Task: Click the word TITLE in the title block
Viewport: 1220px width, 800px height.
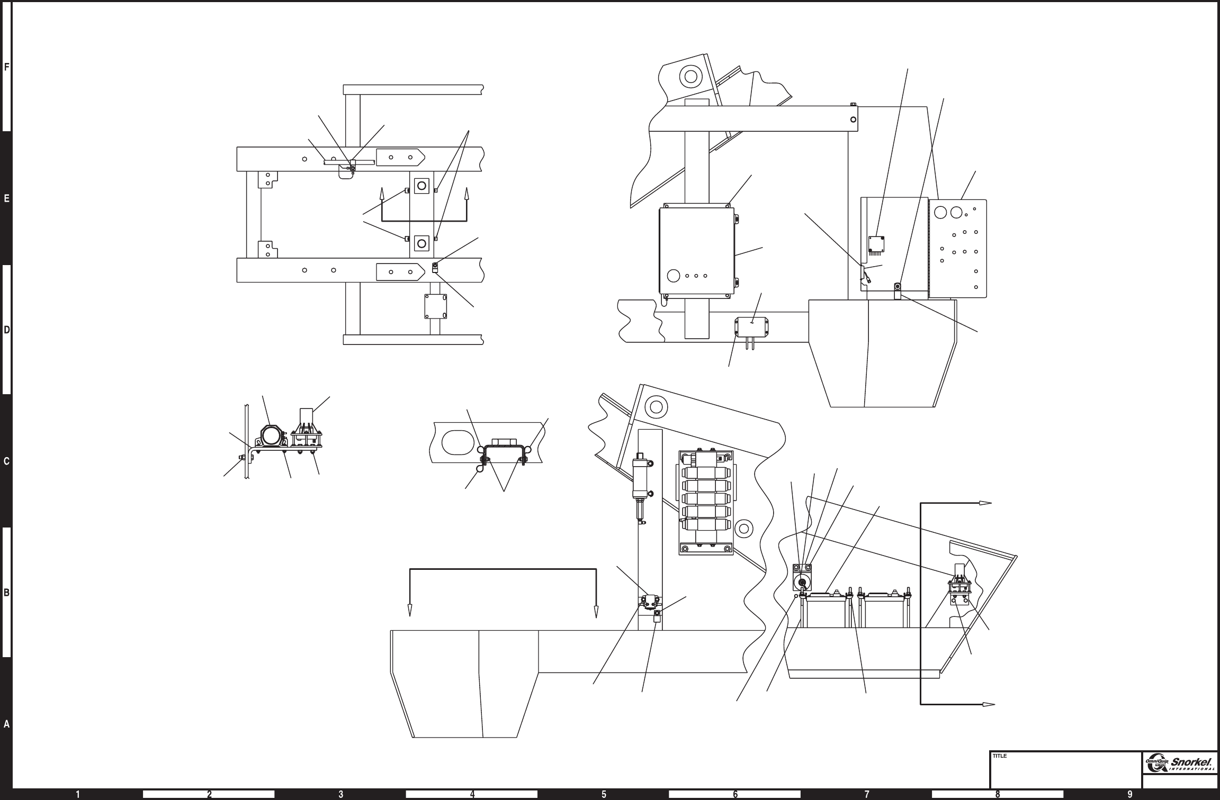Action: coord(999,756)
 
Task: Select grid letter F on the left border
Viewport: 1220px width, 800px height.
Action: coord(6,67)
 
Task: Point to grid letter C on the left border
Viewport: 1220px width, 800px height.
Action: coord(6,461)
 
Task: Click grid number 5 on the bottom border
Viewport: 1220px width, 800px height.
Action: coord(604,794)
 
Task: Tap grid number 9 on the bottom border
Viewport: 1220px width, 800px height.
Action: coord(1129,794)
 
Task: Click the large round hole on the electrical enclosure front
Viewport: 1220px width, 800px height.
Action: coord(674,276)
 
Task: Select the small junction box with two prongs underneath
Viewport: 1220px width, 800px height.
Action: coord(752,326)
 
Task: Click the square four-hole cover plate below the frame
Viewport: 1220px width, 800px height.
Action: coord(435,306)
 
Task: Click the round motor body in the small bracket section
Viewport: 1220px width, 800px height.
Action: coord(271,438)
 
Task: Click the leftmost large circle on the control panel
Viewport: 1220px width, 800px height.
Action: coord(941,213)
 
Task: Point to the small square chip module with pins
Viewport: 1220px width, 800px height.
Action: coord(876,244)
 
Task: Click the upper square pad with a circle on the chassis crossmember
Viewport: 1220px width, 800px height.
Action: coord(421,186)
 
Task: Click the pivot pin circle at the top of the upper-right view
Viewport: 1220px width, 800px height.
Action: coord(690,77)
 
